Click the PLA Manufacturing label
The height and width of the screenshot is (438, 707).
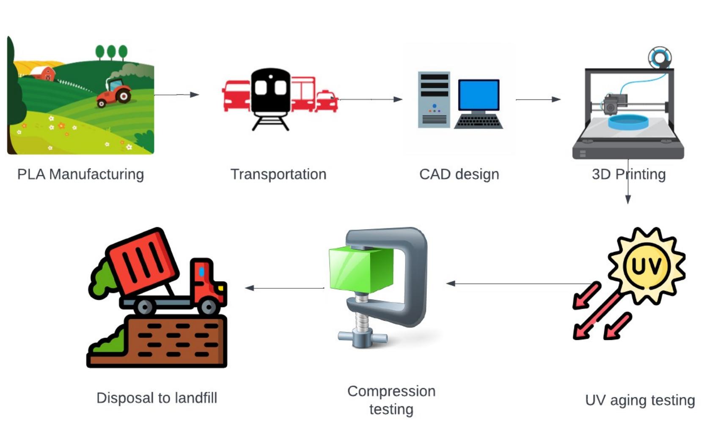pyautogui.click(x=80, y=174)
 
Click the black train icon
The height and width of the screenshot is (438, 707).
pyautogui.click(x=271, y=93)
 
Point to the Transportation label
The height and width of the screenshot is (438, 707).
pyautogui.click(x=278, y=174)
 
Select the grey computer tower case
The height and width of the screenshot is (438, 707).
pyautogui.click(x=434, y=100)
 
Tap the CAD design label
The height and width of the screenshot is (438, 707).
pyautogui.click(x=459, y=174)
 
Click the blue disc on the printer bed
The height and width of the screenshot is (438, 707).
pyautogui.click(x=628, y=121)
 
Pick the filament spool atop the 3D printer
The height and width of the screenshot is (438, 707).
pyautogui.click(x=660, y=57)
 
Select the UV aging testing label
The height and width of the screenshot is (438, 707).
pyautogui.click(x=640, y=400)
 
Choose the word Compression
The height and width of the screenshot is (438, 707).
pyautogui.click(x=391, y=391)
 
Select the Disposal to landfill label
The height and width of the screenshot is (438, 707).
pyautogui.click(x=157, y=398)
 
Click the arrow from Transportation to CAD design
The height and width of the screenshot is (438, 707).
pyautogui.click(x=370, y=99)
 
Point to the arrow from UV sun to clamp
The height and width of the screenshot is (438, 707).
pyautogui.click(x=518, y=284)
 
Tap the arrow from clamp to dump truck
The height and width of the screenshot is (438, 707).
pyautogui.click(x=284, y=288)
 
